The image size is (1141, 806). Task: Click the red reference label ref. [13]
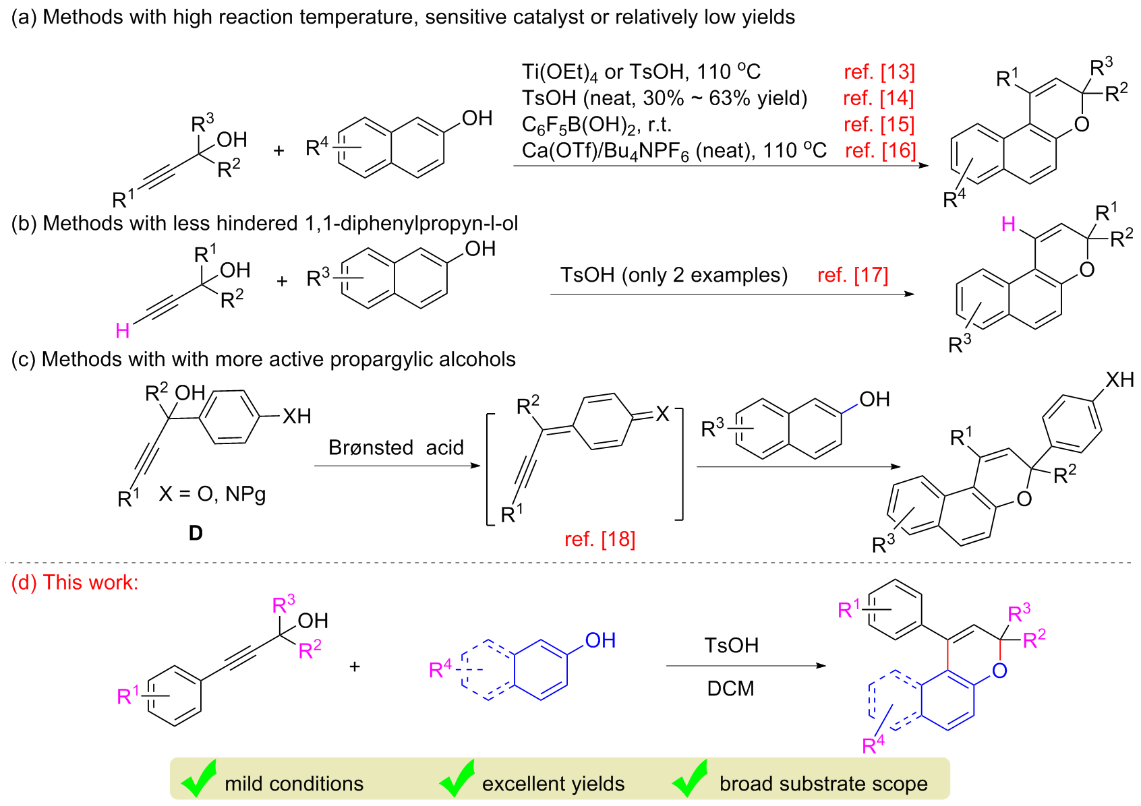(879, 71)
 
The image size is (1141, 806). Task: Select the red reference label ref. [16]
(880, 150)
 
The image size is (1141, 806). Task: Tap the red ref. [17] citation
(852, 275)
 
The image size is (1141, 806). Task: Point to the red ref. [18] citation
(599, 539)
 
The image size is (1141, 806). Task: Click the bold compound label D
(196, 533)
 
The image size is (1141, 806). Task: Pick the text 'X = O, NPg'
(212, 494)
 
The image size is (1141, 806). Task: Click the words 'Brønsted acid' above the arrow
(396, 447)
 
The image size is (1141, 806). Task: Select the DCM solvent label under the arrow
(730, 688)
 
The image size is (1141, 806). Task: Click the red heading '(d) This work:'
(75, 582)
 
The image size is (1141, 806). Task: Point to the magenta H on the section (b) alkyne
(122, 330)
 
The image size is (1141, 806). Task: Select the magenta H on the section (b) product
(1008, 224)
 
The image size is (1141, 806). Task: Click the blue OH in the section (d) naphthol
(600, 640)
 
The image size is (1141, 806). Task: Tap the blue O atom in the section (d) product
(999, 671)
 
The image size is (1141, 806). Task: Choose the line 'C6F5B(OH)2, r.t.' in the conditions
(596, 125)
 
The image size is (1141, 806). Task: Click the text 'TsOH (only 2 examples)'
(674, 275)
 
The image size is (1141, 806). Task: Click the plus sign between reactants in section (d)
(355, 666)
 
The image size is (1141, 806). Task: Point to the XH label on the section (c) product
(1119, 380)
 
